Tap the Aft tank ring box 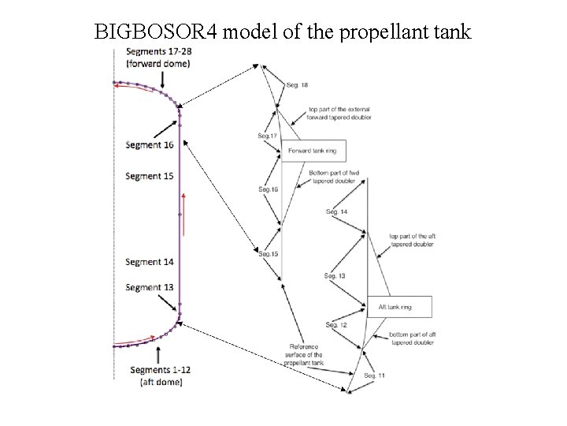tap(400, 306)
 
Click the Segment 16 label tap(149, 145)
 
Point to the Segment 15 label tap(149, 176)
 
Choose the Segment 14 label tap(149, 262)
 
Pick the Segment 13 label tap(149, 287)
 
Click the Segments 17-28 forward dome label tap(158, 58)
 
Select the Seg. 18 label tap(297, 84)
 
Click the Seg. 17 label tap(268, 136)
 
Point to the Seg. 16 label tap(268, 189)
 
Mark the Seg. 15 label tap(268, 253)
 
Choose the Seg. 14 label tap(336, 211)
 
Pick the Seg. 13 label tap(335, 275)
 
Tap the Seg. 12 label tap(336, 325)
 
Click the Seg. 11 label tap(374, 376)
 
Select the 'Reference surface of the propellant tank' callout tap(306, 355)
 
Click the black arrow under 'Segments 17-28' tap(161, 79)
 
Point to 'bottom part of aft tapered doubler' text tap(412, 338)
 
